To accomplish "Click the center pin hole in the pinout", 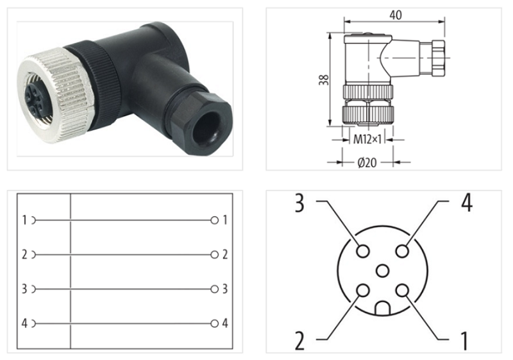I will point(383,271).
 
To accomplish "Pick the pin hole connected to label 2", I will point(363,291).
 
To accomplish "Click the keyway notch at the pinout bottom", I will point(383,309).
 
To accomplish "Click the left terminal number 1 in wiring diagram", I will point(24,220).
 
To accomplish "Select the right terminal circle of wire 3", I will point(214,289).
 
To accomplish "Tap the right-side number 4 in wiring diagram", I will point(225,323).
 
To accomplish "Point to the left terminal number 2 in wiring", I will point(24,255).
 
